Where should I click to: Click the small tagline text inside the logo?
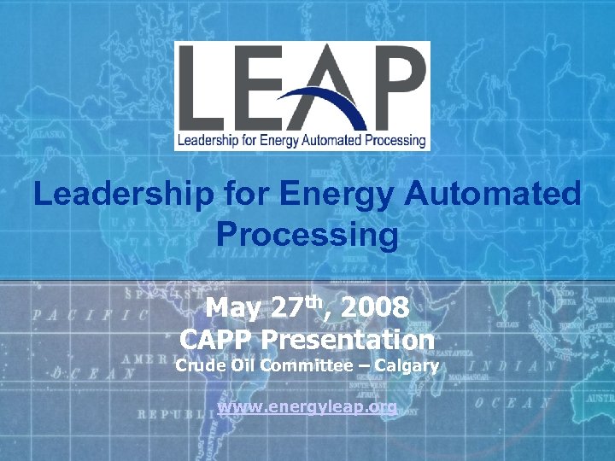click(x=302, y=140)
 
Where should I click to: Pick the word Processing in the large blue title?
click(x=307, y=234)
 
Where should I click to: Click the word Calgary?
click(x=409, y=367)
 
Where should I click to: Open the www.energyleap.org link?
click(x=307, y=407)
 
